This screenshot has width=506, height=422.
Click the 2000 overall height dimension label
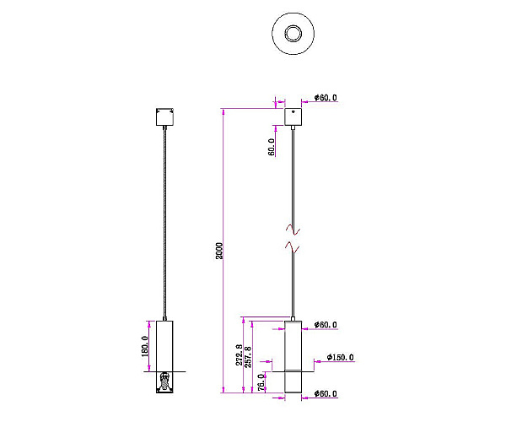(219, 251)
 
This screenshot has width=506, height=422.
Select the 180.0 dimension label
(145, 346)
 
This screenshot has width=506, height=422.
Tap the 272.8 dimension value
(240, 354)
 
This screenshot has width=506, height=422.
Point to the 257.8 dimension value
(248, 357)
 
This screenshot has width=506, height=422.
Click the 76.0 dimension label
(261, 382)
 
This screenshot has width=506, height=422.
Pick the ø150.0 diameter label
(340, 357)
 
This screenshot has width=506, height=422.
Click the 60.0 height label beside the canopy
(272, 147)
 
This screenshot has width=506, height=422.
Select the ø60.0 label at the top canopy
(326, 98)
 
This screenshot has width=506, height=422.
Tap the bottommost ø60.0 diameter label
(326, 393)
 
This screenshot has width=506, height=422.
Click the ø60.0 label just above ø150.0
(326, 324)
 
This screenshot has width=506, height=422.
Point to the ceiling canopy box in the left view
(165, 116)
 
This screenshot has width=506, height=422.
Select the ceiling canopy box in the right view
(293, 116)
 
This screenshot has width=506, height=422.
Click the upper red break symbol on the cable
(293, 230)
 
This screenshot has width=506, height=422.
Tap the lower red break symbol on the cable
(293, 247)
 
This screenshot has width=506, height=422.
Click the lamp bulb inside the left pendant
(164, 381)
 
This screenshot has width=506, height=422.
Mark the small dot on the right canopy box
(293, 112)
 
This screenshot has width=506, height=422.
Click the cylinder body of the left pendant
(164, 346)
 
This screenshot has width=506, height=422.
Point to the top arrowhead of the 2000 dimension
(223, 111)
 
